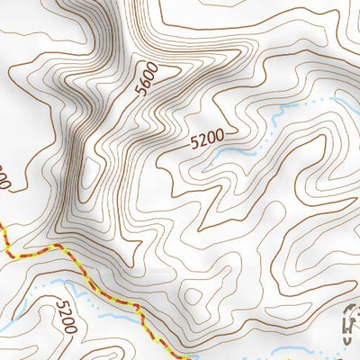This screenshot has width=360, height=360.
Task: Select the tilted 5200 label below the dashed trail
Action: (66, 316)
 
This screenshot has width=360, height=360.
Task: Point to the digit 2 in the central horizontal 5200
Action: (200, 140)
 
